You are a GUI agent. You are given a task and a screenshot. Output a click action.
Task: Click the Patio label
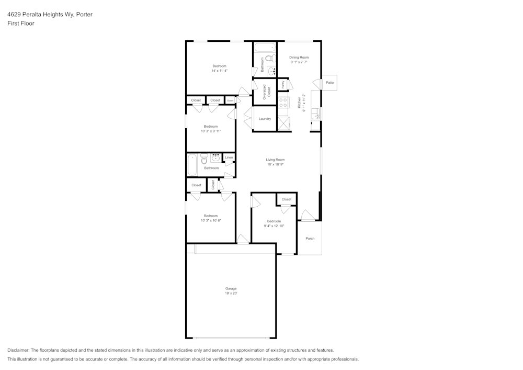click(x=329, y=83)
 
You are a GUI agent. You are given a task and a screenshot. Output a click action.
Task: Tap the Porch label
click(x=310, y=239)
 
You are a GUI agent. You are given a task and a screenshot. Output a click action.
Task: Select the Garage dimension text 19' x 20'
click(x=231, y=293)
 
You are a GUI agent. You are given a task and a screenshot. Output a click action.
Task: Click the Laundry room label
click(x=265, y=119)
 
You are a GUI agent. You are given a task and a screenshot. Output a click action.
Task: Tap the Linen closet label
click(x=229, y=158)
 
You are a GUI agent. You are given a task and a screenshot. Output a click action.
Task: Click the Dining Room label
click(x=299, y=57)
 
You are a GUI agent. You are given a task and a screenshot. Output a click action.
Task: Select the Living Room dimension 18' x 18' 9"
click(x=275, y=164)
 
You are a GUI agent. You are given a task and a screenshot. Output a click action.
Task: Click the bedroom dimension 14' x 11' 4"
click(x=219, y=71)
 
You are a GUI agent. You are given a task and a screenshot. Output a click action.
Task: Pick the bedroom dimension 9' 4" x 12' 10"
click(x=274, y=226)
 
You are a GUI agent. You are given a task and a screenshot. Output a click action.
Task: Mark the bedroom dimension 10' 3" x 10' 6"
click(x=211, y=221)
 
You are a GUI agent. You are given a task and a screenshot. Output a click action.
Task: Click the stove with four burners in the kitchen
click(x=283, y=102)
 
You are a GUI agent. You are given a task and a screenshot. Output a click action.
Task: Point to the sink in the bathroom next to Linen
click(x=215, y=158)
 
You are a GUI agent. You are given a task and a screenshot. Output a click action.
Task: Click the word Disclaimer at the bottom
click(x=18, y=350)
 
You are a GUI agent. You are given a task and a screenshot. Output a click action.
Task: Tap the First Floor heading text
click(x=21, y=24)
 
